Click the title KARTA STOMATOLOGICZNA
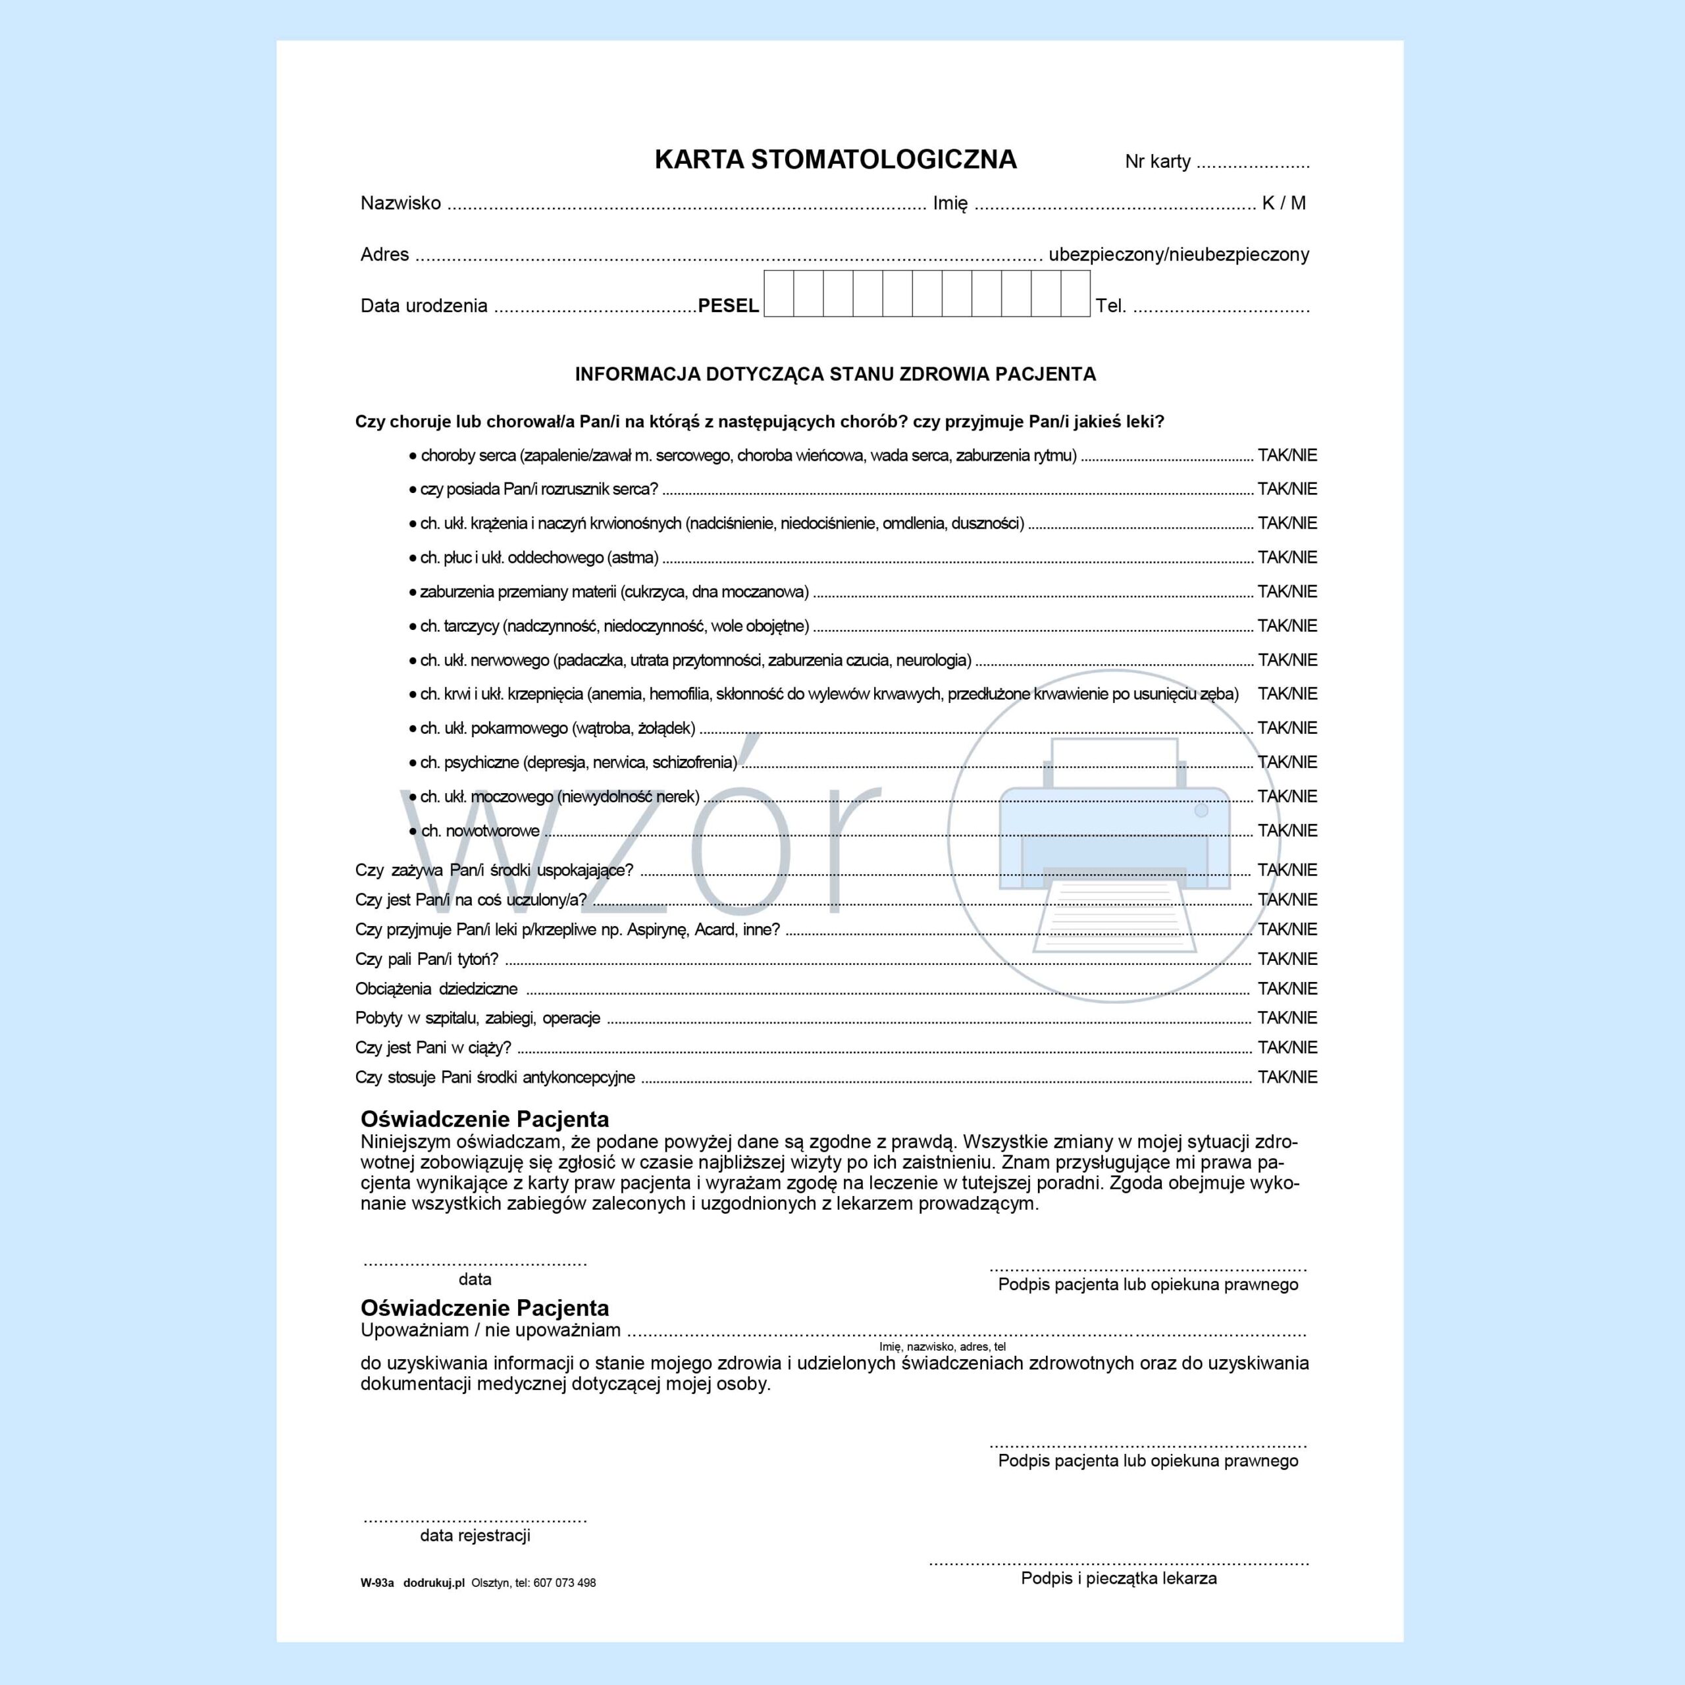click(835, 159)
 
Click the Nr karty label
click(1157, 161)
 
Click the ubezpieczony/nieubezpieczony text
click(1178, 255)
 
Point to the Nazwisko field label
click(400, 203)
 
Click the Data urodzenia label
click(424, 306)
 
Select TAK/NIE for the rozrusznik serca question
click(1286, 489)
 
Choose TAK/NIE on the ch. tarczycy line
click(1286, 626)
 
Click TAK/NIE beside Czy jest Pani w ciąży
click(1286, 1047)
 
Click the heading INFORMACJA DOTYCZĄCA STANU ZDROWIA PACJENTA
click(835, 374)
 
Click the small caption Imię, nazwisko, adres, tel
click(942, 1347)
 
